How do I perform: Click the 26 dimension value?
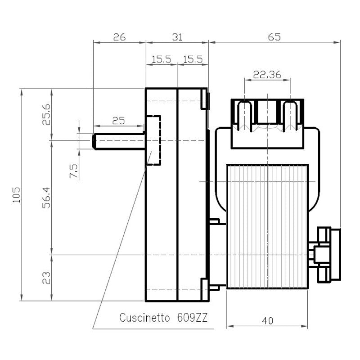pos(119,37)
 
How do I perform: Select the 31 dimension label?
pos(177,37)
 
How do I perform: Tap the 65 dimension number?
pos(274,37)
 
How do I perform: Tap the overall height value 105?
pos(17,194)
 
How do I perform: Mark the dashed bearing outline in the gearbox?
pos(154,140)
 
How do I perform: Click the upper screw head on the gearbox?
pos(207,100)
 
